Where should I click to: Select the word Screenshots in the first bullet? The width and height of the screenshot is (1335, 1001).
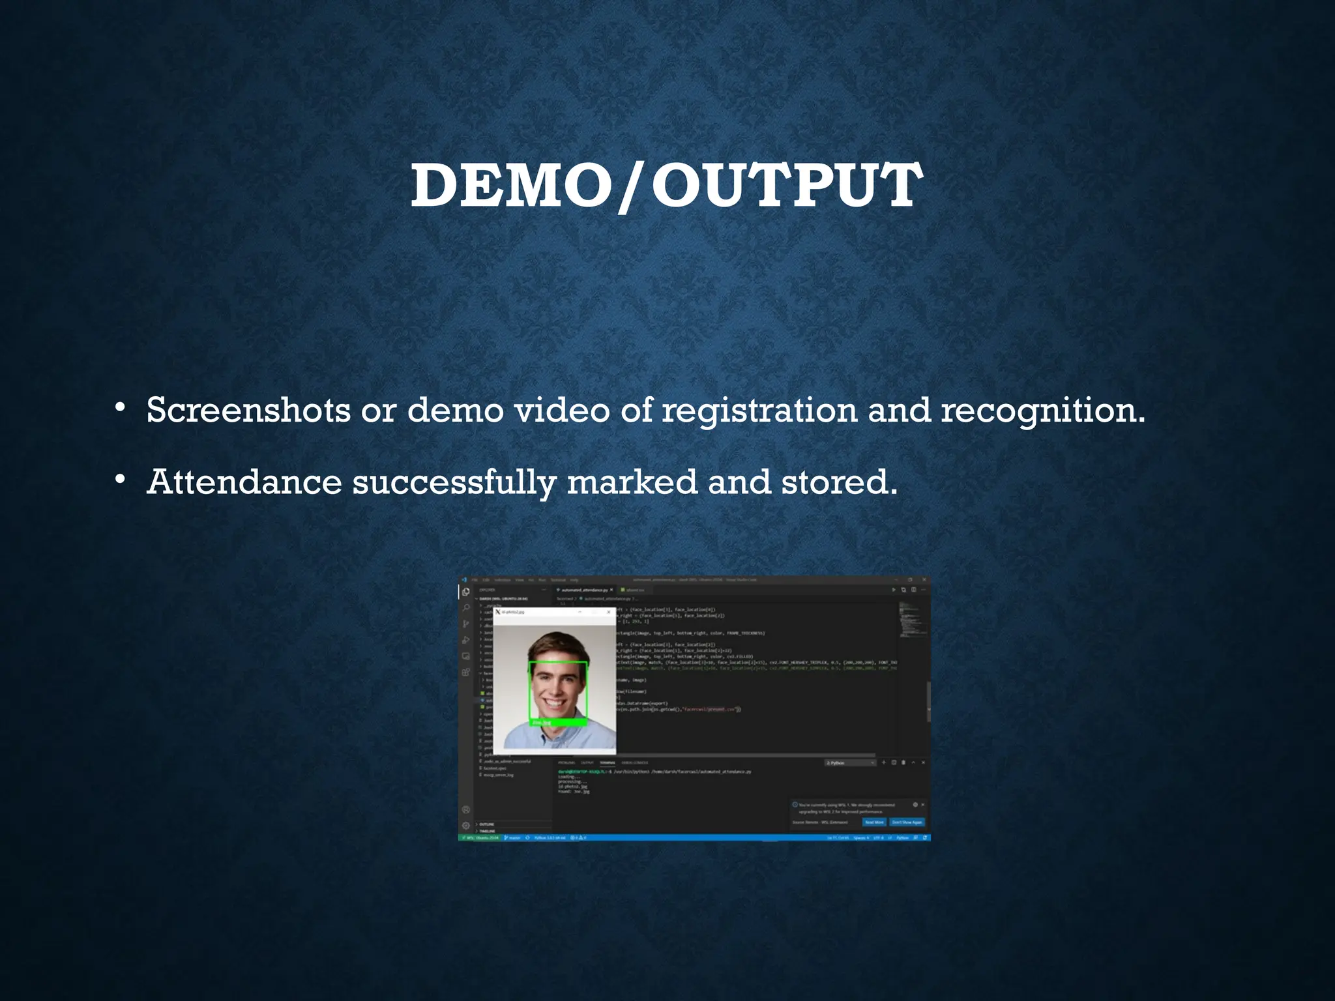tap(248, 411)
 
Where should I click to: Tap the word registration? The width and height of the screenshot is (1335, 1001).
tap(759, 411)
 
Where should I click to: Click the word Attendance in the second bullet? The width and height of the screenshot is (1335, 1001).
tap(244, 482)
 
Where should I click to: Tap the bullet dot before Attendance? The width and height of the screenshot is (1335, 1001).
tap(119, 480)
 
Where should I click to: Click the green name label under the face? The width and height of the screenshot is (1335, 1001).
tap(559, 722)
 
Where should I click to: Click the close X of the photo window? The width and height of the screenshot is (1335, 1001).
tap(609, 612)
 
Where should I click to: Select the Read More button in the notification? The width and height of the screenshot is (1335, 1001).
tap(874, 822)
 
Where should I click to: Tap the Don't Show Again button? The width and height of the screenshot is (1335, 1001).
tap(907, 822)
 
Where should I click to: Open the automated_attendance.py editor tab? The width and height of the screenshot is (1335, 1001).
tap(584, 590)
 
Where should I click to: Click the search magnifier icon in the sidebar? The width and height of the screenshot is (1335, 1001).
tap(466, 608)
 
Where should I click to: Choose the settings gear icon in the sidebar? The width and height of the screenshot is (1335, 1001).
tap(466, 825)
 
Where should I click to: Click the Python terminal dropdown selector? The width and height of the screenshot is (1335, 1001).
tap(850, 762)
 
